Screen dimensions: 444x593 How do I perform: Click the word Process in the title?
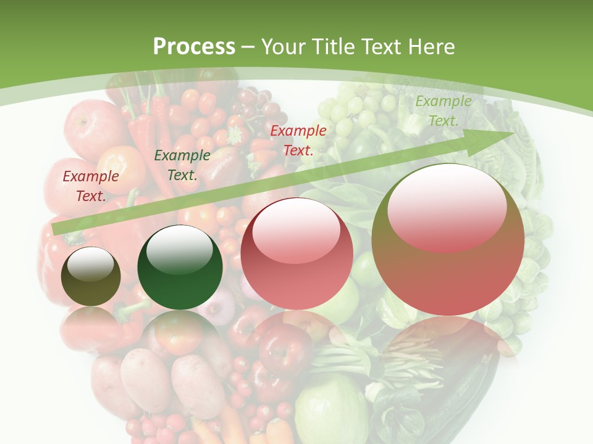pos(194,46)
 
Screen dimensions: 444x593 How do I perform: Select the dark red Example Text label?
pos(91,186)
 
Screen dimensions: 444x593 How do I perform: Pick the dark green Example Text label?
pos(182,165)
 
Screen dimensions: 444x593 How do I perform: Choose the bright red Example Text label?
pos(298,140)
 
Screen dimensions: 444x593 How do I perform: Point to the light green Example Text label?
pos(444,110)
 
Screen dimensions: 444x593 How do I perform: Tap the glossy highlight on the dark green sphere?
pos(180,250)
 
